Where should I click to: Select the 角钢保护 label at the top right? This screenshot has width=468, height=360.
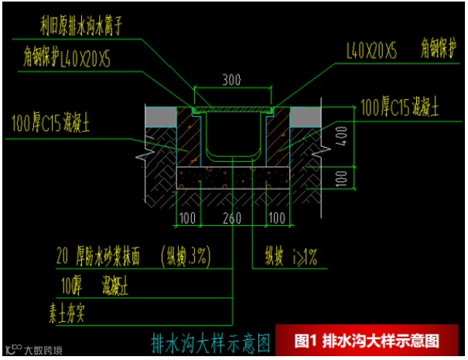click(x=436, y=49)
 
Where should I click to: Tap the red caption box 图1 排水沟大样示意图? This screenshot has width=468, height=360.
click(x=367, y=340)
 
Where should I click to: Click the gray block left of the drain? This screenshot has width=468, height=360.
click(x=162, y=115)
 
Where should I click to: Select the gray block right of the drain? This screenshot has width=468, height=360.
click(x=305, y=115)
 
